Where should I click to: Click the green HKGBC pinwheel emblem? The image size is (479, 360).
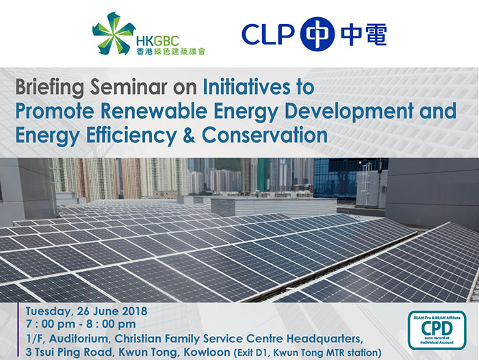[x=114, y=34]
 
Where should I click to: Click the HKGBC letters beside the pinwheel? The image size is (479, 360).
[x=157, y=41]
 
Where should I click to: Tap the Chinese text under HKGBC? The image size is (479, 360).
[x=171, y=51]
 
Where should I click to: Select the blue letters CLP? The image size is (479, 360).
[x=268, y=34]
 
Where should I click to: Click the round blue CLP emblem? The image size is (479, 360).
[x=318, y=34]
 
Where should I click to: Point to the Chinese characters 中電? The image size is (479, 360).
[x=363, y=34]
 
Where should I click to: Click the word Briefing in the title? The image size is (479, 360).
[x=50, y=88]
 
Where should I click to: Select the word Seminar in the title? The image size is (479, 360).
[x=129, y=87]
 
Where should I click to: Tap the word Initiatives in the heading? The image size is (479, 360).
[x=246, y=87]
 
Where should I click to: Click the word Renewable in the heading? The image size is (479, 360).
[x=154, y=111]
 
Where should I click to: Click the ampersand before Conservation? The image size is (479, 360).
[x=189, y=136]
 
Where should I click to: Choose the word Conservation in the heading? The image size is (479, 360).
[x=265, y=136]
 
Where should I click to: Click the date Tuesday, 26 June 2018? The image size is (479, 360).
[x=86, y=311]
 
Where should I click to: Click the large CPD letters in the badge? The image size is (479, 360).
[x=437, y=329]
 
